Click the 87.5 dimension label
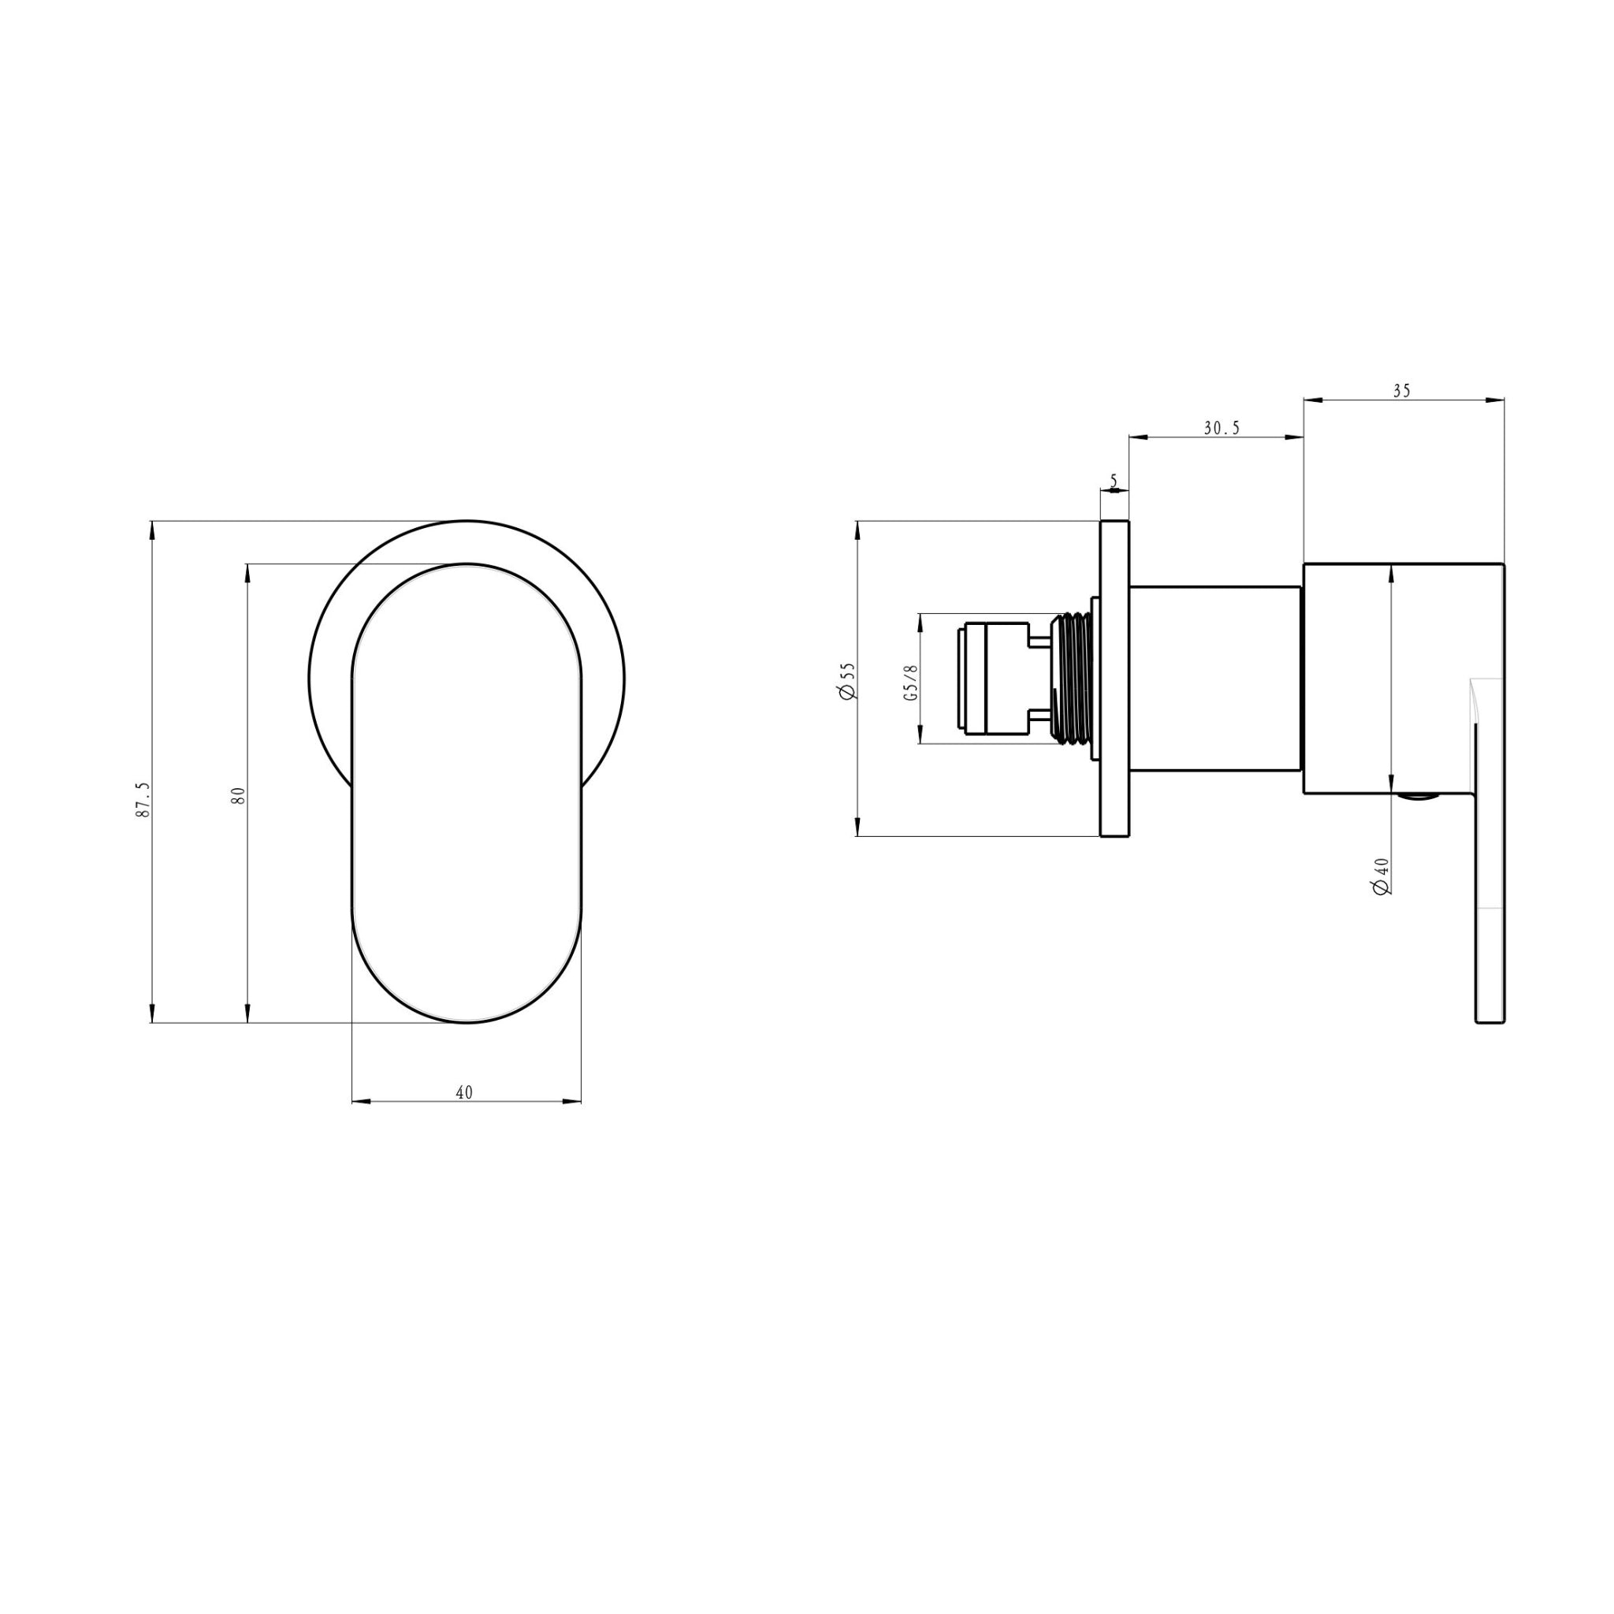point(143,799)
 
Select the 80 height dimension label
point(239,794)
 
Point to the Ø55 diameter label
point(847,681)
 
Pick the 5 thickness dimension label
point(1114,482)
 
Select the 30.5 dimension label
point(1222,429)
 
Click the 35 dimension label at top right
point(1402,391)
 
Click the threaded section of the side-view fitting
point(1073,679)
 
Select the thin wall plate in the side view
point(1114,679)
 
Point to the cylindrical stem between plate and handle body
point(1215,679)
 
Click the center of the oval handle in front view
point(467,794)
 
